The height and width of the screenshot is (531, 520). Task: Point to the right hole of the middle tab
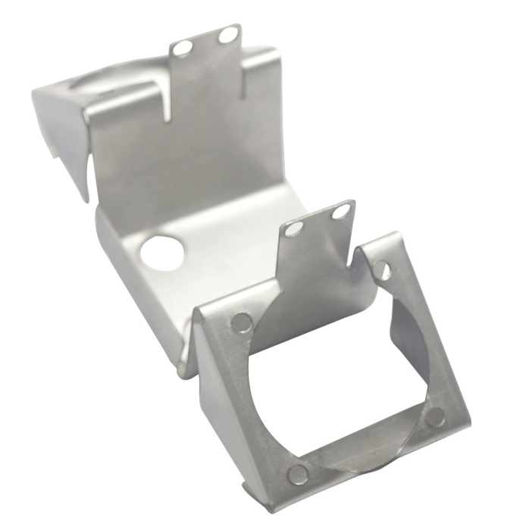point(338,213)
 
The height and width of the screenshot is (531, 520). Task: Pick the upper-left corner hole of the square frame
point(241,321)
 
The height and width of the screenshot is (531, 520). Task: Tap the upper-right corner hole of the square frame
point(383,270)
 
